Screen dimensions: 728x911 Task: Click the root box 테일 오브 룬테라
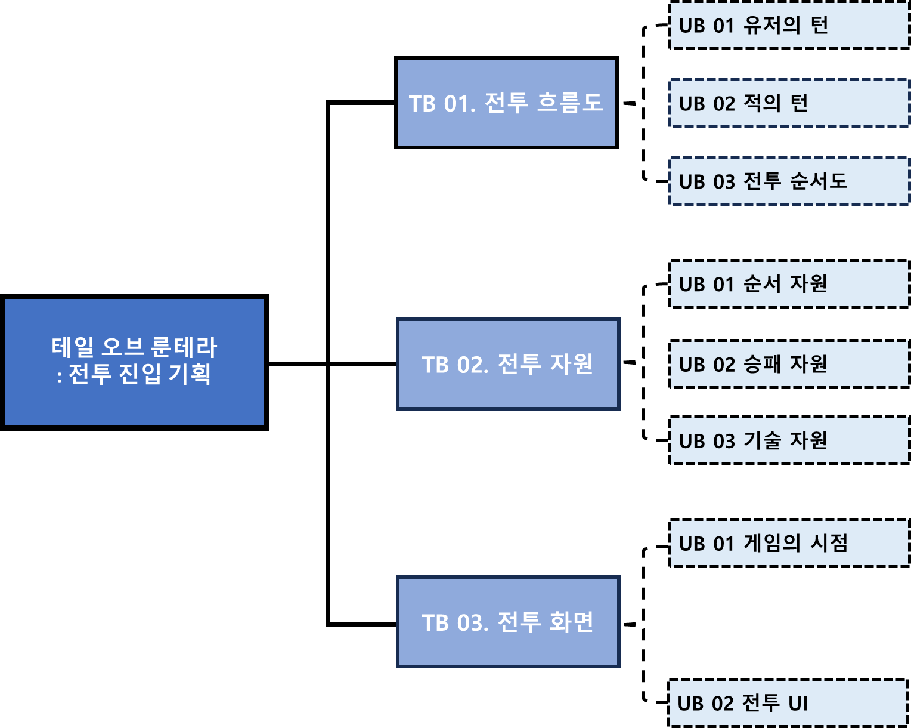coord(134,362)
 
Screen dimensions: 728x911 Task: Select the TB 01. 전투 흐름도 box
coord(506,103)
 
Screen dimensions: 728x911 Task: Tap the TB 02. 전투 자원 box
coord(508,364)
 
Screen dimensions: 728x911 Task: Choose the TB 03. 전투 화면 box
coord(508,622)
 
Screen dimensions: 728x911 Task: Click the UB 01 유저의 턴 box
coord(789,26)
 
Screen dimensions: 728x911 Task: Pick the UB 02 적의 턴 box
coord(789,103)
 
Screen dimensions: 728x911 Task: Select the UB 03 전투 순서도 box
coord(789,181)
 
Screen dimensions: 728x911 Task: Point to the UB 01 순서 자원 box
coord(789,284)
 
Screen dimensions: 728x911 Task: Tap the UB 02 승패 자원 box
coord(789,364)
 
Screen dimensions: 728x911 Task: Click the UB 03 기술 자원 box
coord(789,440)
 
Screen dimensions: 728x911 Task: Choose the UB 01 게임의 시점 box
coord(789,543)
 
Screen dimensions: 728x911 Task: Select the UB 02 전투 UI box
coord(788,703)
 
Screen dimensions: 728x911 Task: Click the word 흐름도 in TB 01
coord(570,103)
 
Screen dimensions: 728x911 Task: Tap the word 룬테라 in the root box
coord(184,347)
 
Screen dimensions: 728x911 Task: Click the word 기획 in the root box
coord(190,374)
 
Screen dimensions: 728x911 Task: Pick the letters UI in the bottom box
coord(798,704)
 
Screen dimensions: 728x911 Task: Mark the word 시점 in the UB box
coord(829,543)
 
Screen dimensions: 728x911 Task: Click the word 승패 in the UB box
coord(762,364)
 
